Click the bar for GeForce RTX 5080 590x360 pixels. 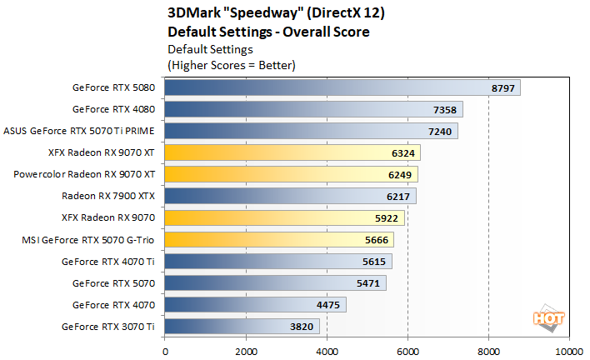(342, 87)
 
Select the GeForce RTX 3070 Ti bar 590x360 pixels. (242, 327)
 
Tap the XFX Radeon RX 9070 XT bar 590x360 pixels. (292, 152)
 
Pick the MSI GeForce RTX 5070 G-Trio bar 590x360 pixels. (278, 240)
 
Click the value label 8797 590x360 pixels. (503, 87)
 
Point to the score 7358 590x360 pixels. (445, 109)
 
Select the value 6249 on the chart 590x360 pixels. (400, 174)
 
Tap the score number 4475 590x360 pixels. (328, 305)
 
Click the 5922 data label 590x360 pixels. (387, 218)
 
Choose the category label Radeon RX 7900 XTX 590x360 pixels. (108, 197)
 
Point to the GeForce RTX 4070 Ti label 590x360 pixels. (108, 262)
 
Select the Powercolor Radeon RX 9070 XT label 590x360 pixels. (84, 175)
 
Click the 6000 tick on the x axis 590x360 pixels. (407, 351)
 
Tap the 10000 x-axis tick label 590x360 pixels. (569, 351)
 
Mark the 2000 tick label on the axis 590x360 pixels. (246, 351)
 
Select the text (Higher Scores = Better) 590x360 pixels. (232, 64)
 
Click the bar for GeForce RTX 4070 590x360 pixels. (255, 305)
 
